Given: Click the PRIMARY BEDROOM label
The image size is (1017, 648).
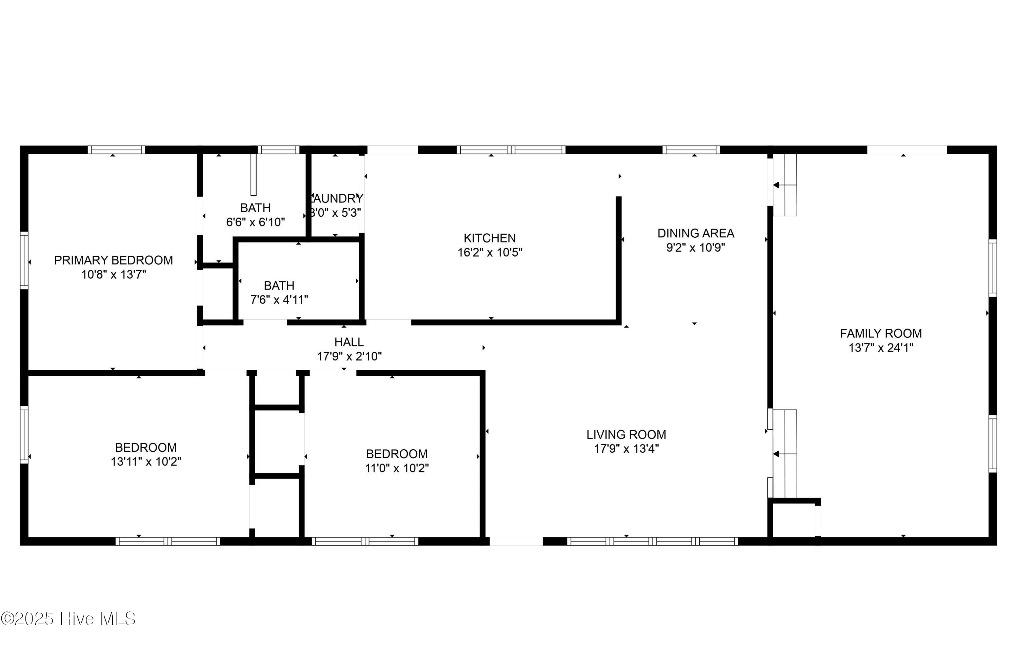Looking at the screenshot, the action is click(x=113, y=260).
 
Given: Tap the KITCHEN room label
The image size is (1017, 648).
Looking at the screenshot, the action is click(x=490, y=238).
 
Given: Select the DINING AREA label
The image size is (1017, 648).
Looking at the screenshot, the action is click(x=696, y=233).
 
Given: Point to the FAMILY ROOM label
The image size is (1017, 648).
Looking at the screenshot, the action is click(x=881, y=334).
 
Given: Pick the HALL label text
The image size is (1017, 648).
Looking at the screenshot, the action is click(x=349, y=342).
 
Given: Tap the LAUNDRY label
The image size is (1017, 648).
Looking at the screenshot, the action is click(x=337, y=199).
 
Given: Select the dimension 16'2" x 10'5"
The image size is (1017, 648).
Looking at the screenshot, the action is click(x=490, y=253).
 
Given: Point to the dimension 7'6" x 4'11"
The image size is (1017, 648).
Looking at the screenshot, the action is click(x=279, y=300).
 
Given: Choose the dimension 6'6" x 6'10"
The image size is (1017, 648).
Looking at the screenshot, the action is click(x=256, y=222).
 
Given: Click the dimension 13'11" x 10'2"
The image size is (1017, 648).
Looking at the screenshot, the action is click(x=146, y=462).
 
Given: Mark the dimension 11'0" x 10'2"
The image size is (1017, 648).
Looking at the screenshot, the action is click(x=397, y=468).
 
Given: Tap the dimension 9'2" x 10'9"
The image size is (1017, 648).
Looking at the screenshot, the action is click(x=696, y=248).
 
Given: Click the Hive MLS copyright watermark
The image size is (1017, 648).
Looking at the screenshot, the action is click(x=68, y=619).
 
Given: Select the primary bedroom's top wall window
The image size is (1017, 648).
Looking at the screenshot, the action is click(x=116, y=150).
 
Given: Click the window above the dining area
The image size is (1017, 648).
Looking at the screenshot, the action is click(x=691, y=150).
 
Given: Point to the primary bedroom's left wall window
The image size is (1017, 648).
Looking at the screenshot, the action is click(x=24, y=261).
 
